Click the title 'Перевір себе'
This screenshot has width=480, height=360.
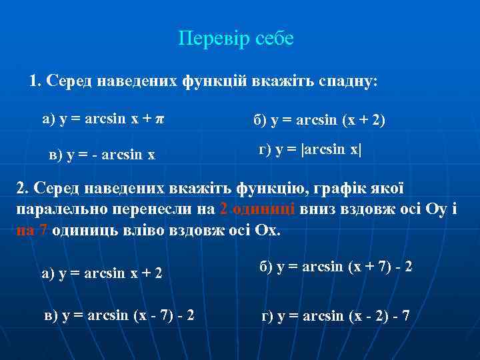pyautogui.click(x=236, y=39)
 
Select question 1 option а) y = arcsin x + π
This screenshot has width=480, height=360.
pyautogui.click(x=103, y=119)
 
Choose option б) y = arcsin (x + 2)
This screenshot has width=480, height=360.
pyautogui.click(x=319, y=121)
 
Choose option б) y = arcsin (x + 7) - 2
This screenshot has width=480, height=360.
pyautogui.click(x=335, y=266)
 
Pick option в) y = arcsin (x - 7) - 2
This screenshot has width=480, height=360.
pyautogui.click(x=118, y=313)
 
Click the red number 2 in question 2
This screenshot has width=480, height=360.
pyautogui.click(x=223, y=209)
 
